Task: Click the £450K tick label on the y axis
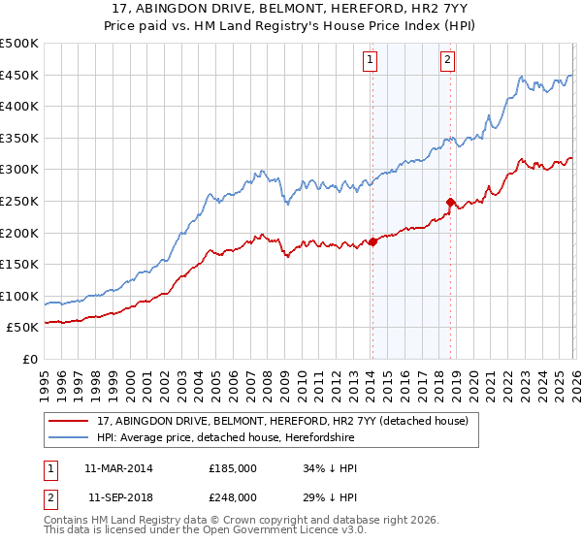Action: pyautogui.click(x=19, y=75)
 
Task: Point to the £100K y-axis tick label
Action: pyautogui.click(x=19, y=296)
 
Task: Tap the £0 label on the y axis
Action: pyautogui.click(x=29, y=359)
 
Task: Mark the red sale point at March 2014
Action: pyautogui.click(x=372, y=242)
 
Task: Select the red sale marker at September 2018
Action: pyautogui.click(x=450, y=202)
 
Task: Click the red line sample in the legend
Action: pyautogui.click(x=70, y=421)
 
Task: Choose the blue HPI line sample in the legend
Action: pyautogui.click(x=70, y=438)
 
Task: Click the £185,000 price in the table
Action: pyautogui.click(x=233, y=468)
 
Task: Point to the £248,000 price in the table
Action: pyautogui.click(x=233, y=496)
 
